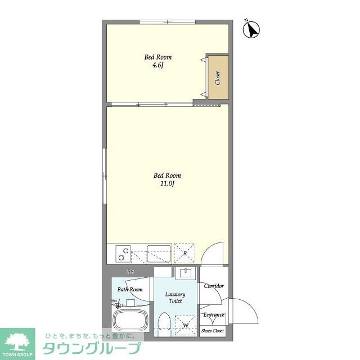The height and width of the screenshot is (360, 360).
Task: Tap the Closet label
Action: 218,78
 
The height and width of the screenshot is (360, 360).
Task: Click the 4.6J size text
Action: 157,65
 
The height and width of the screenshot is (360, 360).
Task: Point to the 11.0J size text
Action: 168,184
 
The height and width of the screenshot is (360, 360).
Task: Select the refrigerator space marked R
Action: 184,253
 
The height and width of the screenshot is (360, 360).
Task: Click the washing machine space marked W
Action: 186,326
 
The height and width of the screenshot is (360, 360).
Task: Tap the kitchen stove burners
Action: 123,254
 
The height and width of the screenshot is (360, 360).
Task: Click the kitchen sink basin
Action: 159,254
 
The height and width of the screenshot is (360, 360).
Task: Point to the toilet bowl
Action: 164,324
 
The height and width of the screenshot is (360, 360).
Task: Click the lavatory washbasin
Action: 186,273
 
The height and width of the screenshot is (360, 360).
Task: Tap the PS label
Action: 130,272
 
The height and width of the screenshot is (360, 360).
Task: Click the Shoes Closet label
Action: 213,331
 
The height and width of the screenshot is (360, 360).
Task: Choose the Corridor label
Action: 214,286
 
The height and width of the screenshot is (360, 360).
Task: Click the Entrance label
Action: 214,315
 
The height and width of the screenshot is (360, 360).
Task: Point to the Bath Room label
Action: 130,290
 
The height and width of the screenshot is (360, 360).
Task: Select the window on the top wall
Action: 168,22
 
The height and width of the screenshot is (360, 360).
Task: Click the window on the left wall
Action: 105,176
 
